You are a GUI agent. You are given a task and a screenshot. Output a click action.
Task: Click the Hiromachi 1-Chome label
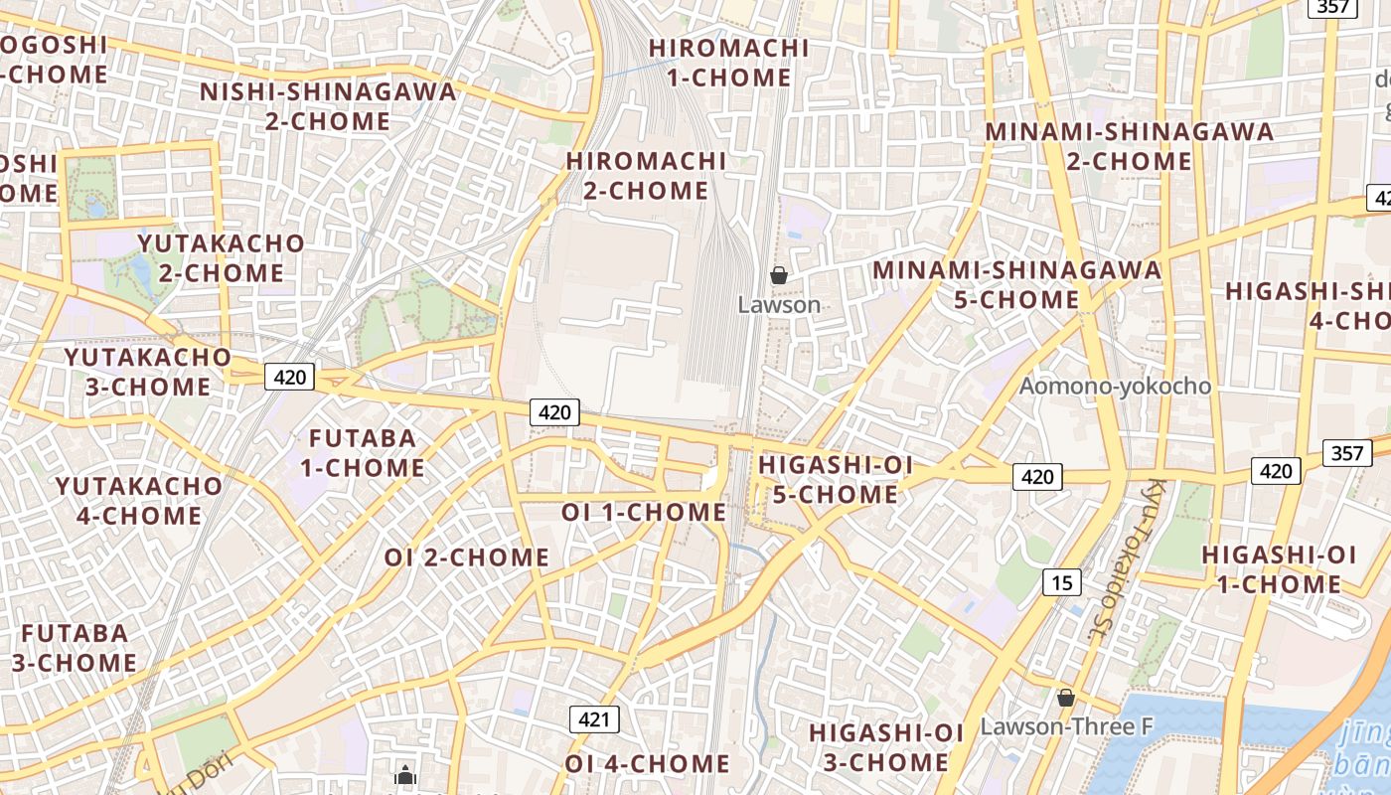(728, 63)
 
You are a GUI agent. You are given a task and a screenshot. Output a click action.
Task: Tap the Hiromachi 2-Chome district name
(646, 176)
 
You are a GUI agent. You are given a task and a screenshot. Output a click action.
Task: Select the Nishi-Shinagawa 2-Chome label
(328, 106)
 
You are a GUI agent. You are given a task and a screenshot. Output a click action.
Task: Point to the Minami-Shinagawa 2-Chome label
(1129, 146)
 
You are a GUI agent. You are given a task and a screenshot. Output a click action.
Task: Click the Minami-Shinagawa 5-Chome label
(1016, 284)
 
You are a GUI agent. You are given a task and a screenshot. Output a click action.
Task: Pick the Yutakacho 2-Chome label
(222, 257)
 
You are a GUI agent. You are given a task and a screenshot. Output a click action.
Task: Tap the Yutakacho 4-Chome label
(139, 500)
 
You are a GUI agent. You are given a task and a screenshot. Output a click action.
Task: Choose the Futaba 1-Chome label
(363, 452)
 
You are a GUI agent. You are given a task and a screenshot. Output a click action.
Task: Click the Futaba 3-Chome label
(75, 647)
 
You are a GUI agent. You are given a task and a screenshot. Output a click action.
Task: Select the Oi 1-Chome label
(644, 512)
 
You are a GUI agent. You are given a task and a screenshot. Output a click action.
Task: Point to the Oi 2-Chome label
(467, 557)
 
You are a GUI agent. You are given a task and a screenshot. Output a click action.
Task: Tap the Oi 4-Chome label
(648, 763)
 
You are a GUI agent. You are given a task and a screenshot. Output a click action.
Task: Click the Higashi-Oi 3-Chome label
(886, 747)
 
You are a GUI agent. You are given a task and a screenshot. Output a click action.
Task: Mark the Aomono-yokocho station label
(1116, 386)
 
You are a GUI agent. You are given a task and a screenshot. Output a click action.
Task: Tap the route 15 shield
(1062, 582)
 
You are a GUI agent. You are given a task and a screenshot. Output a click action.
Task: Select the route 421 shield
(594, 718)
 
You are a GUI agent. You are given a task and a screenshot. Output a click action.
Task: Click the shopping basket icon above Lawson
(779, 275)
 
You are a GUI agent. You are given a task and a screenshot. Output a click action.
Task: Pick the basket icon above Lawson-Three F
(1066, 699)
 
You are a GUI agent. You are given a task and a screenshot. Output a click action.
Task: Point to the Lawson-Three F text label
(1066, 726)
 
